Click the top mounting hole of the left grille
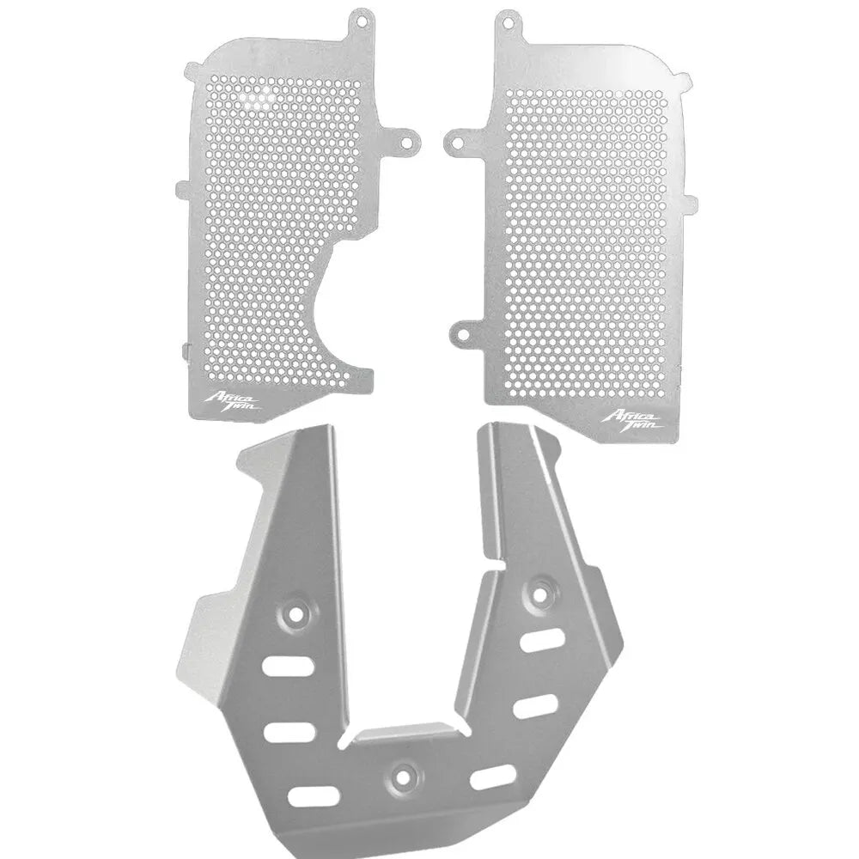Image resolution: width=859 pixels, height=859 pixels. tap(359, 19)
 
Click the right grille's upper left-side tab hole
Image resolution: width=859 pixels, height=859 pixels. tap(457, 139)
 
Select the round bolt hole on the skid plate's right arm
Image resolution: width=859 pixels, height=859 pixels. tap(540, 592)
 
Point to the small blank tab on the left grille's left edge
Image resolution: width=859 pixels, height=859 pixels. tap(182, 186)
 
